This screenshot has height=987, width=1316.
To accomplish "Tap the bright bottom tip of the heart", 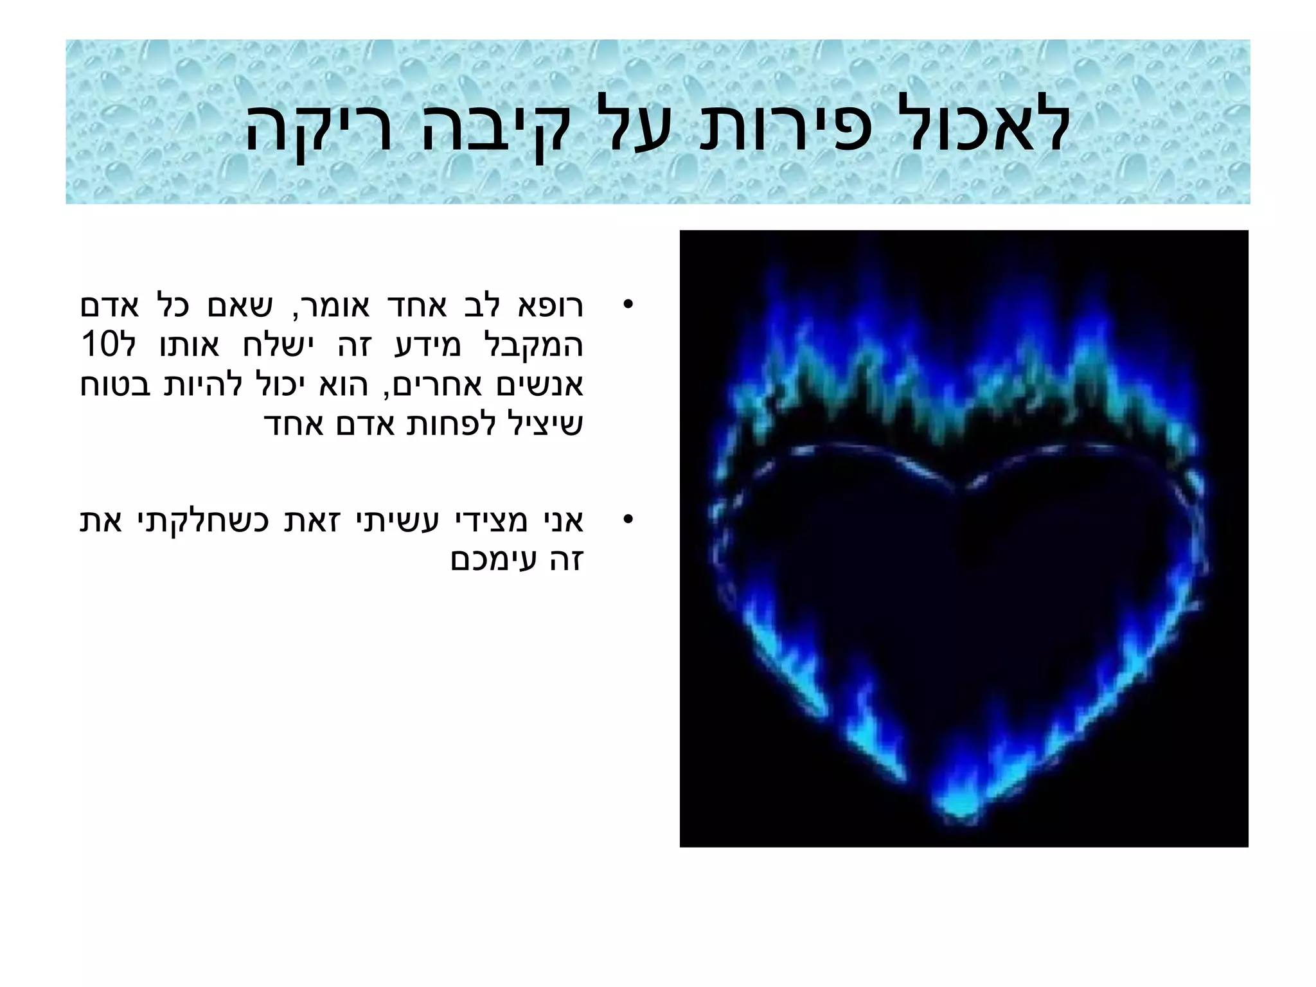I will [x=961, y=813].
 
